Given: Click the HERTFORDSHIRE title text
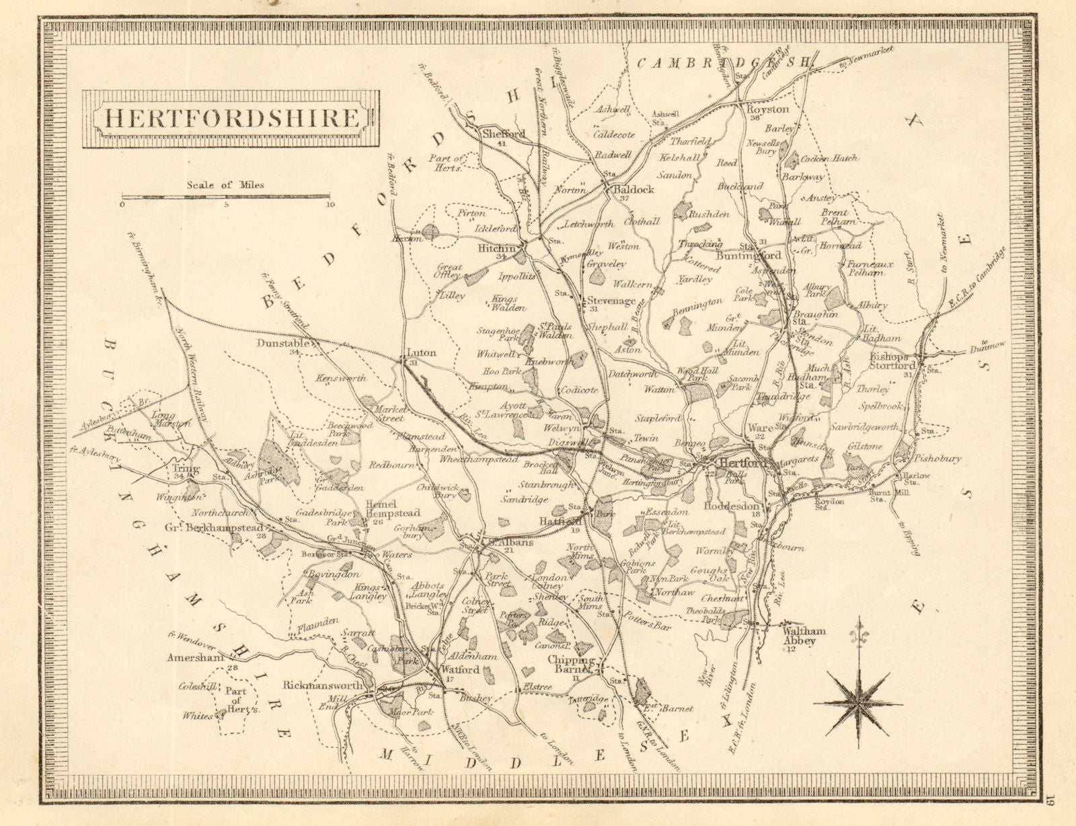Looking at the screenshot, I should click(x=232, y=118).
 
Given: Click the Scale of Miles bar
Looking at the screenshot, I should click(x=225, y=197).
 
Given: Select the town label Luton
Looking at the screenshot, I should click(x=422, y=352).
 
